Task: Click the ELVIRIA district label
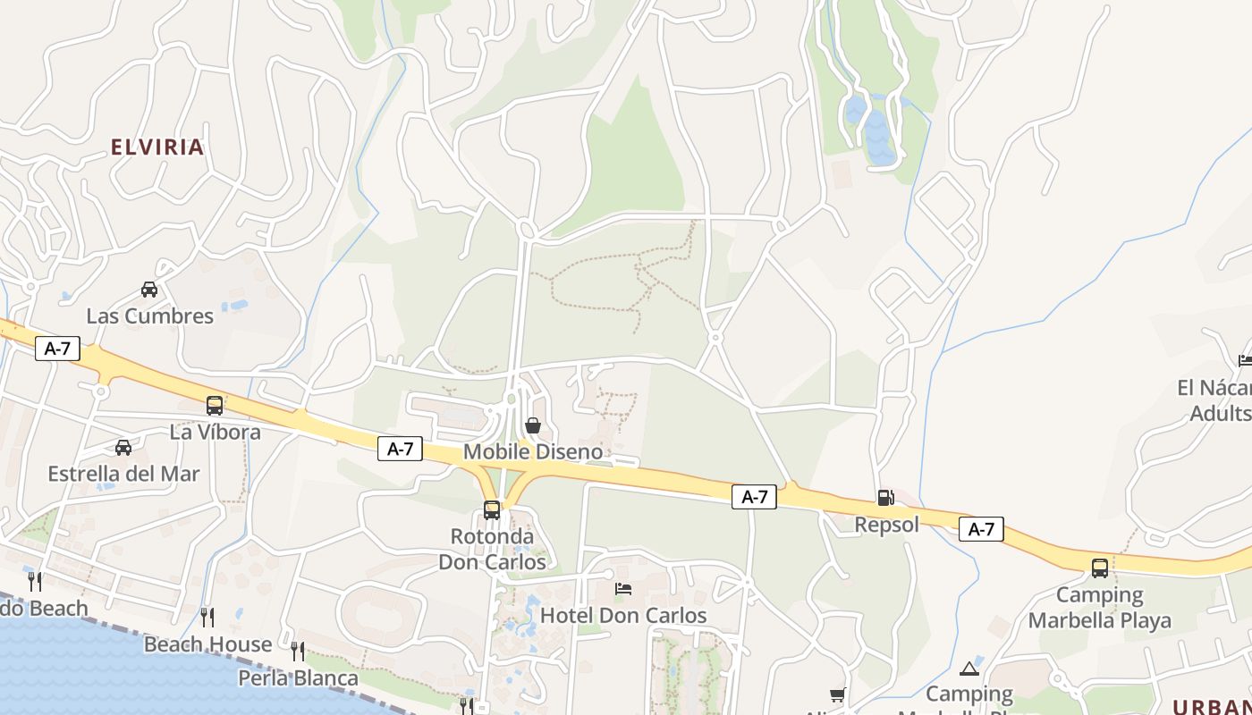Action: click(x=157, y=147)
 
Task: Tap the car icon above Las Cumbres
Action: click(x=149, y=290)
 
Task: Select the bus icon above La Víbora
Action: click(x=215, y=405)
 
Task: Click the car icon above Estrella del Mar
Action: click(x=123, y=448)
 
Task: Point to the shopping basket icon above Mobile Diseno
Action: click(x=533, y=425)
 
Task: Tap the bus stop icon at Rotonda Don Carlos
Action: click(x=492, y=510)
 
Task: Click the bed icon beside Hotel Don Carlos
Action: click(x=623, y=589)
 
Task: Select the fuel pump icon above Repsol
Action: click(x=885, y=498)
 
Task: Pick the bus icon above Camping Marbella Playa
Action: click(x=1100, y=568)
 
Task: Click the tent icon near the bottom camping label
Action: click(x=969, y=669)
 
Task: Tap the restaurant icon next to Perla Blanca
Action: click(x=298, y=651)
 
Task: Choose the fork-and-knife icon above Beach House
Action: click(x=207, y=617)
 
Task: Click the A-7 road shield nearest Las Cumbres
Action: click(x=58, y=349)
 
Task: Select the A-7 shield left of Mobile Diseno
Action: click(x=400, y=449)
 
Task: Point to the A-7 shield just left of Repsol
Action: click(x=754, y=497)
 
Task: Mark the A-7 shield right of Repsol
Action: click(x=981, y=529)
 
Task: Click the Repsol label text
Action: click(x=886, y=525)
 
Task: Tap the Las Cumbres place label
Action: click(x=149, y=315)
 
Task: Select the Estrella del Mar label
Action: click(x=123, y=474)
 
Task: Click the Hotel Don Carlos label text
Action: click(x=623, y=616)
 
